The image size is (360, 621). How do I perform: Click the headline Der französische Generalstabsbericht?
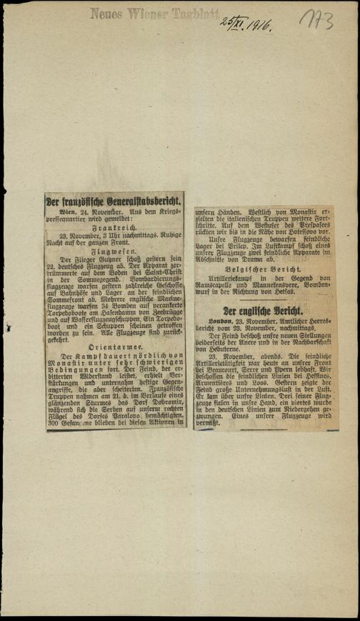pyautogui.click(x=114, y=202)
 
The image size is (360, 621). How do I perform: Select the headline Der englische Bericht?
pyautogui.click(x=262, y=312)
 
